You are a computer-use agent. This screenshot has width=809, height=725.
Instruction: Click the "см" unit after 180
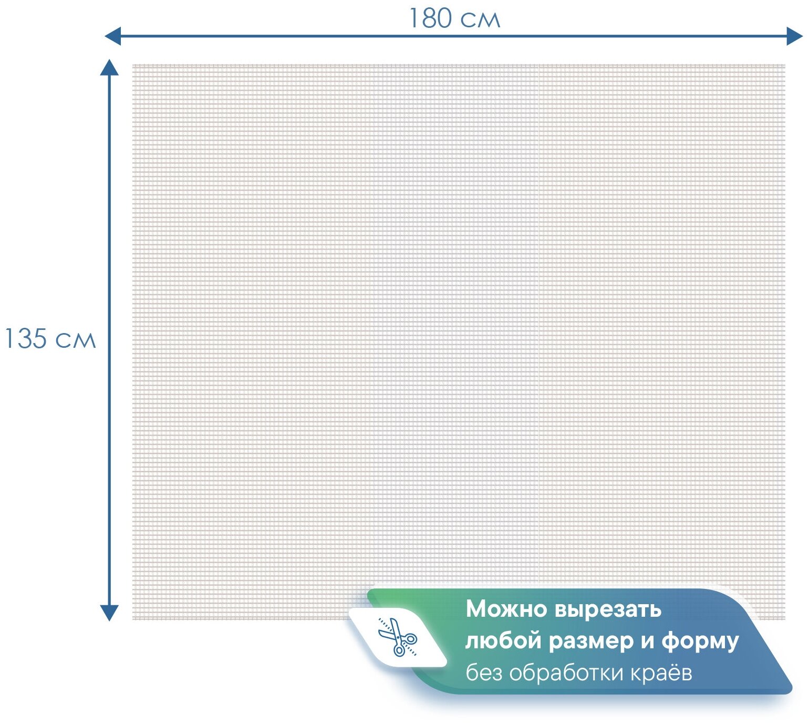[480, 20]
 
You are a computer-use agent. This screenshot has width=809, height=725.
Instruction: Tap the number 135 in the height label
[26, 339]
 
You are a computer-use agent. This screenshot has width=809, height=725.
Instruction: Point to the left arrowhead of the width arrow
[112, 36]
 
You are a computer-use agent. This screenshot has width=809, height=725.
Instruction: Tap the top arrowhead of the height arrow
[109, 67]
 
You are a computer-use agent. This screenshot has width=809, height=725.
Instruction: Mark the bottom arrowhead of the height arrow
[109, 613]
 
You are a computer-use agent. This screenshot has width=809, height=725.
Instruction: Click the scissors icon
[398, 637]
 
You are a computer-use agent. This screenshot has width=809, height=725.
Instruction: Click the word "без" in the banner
[484, 672]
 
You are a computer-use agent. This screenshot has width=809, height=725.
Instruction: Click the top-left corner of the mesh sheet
[133, 65]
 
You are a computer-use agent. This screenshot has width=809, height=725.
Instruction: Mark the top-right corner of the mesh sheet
[785, 65]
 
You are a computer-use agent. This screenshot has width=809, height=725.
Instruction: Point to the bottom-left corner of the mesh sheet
[133, 619]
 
